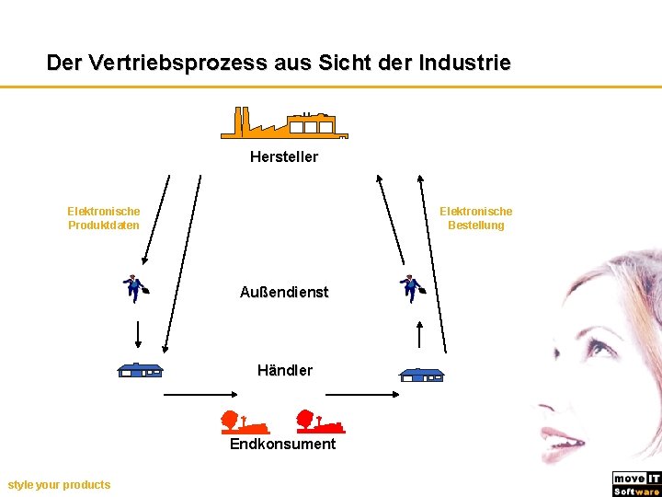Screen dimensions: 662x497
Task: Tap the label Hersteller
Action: click(x=284, y=156)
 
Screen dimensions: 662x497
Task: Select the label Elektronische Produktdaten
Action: click(x=104, y=218)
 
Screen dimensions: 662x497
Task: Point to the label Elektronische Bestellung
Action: click(x=475, y=218)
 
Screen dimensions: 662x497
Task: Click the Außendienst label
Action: click(x=284, y=292)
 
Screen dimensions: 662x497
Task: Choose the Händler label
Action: click(x=285, y=370)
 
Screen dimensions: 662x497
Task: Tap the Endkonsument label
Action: click(x=282, y=444)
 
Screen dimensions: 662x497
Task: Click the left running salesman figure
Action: click(x=136, y=288)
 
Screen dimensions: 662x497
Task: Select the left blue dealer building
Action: click(x=140, y=370)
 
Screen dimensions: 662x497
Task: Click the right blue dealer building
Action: click(x=421, y=375)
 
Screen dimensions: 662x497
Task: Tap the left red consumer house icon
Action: click(x=243, y=422)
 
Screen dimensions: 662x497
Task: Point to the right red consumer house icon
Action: click(x=319, y=422)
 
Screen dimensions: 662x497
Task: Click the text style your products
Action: click(x=59, y=484)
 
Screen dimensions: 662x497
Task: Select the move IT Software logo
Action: click(x=636, y=484)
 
